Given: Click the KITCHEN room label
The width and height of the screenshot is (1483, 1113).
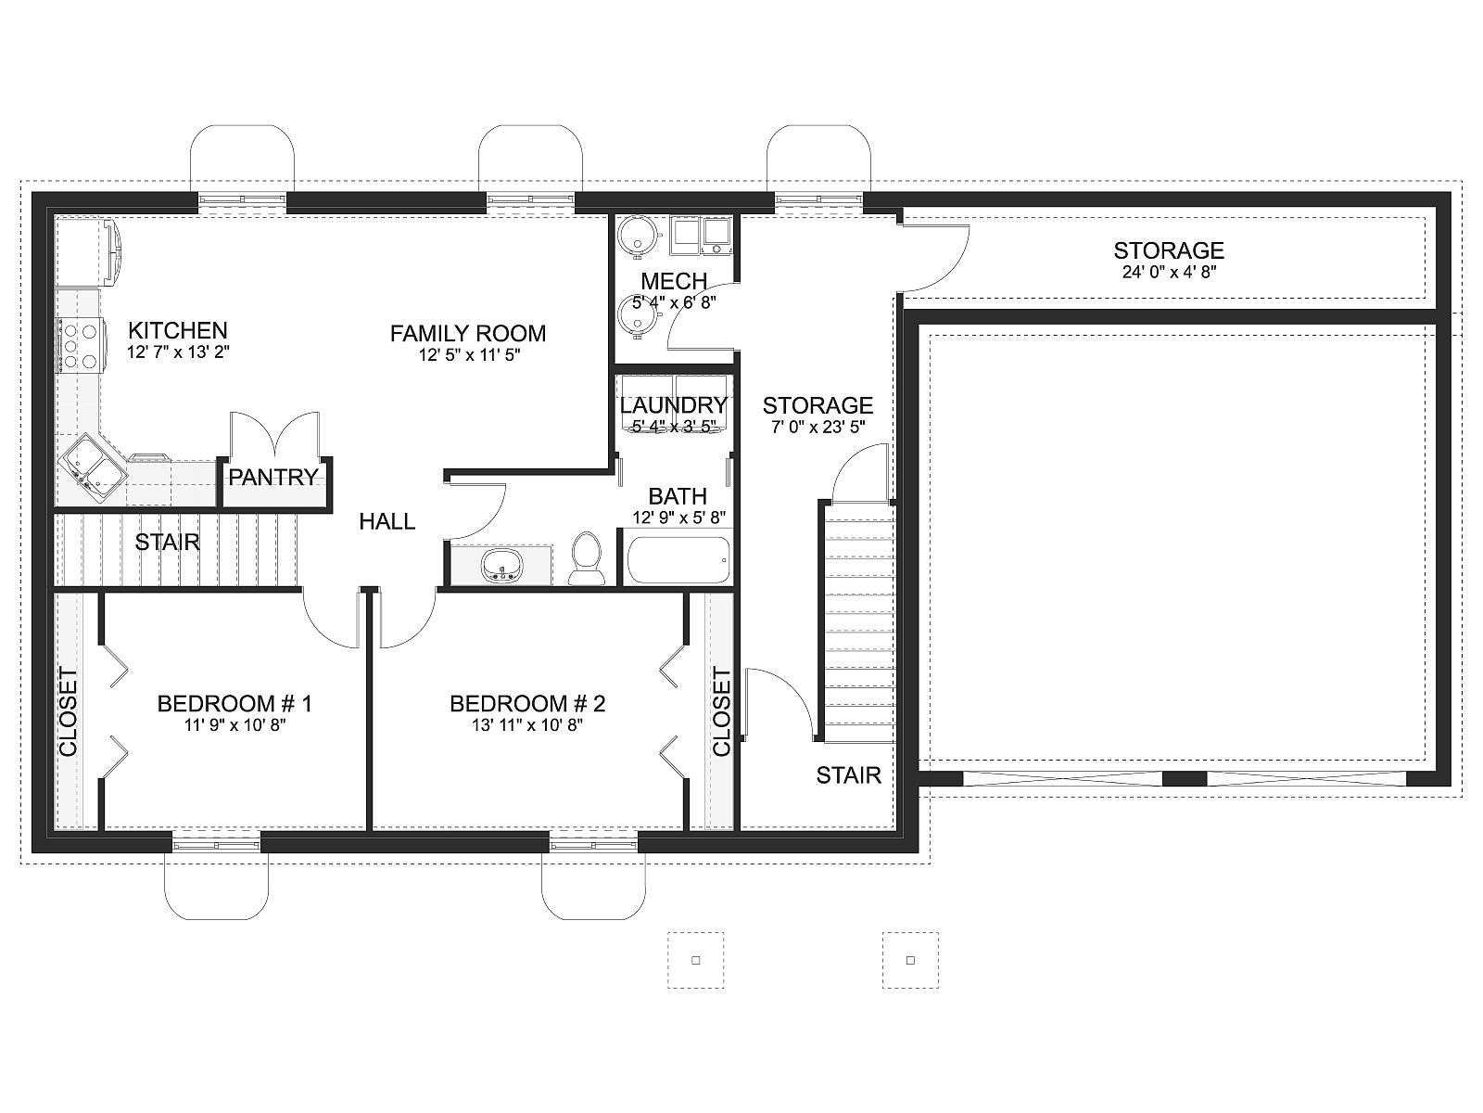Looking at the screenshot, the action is pyautogui.click(x=178, y=330).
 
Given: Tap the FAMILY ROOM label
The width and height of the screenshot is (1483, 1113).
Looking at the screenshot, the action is pyautogui.click(x=467, y=333).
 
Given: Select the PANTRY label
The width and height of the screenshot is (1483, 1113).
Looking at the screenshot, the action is pyautogui.click(x=273, y=477).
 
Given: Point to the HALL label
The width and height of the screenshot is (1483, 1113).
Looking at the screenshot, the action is pyautogui.click(x=387, y=521).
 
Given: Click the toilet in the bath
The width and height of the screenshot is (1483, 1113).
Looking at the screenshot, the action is pyautogui.click(x=586, y=558).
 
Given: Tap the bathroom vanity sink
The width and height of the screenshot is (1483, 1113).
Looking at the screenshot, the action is pyautogui.click(x=501, y=564).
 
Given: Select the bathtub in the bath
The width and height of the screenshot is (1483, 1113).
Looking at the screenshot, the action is pyautogui.click(x=678, y=560).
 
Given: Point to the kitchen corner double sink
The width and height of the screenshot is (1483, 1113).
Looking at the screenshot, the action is pyautogui.click(x=93, y=466).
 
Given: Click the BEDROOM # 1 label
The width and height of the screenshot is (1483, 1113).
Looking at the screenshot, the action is pyautogui.click(x=234, y=703).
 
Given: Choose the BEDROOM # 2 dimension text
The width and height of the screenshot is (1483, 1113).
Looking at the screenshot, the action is pyautogui.click(x=527, y=725).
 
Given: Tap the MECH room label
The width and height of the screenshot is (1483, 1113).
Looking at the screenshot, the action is pyautogui.click(x=674, y=280).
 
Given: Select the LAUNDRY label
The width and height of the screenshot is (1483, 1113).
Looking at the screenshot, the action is pyautogui.click(x=674, y=404).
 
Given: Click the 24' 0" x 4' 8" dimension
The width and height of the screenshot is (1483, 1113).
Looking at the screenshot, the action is pyautogui.click(x=1169, y=272).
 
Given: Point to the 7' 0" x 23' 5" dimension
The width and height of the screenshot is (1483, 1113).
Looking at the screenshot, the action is pyautogui.click(x=818, y=427).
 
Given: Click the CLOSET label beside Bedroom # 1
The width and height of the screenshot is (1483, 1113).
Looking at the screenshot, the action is pyautogui.click(x=69, y=711).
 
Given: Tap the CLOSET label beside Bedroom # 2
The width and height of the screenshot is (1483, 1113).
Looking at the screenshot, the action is pyautogui.click(x=721, y=711).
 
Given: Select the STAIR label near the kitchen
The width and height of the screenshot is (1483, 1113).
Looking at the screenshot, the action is pyautogui.click(x=167, y=542).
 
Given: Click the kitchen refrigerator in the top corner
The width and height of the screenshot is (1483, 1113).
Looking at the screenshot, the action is pyautogui.click(x=88, y=251).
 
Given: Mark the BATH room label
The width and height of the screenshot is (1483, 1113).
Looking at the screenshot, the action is pyautogui.click(x=677, y=496).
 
